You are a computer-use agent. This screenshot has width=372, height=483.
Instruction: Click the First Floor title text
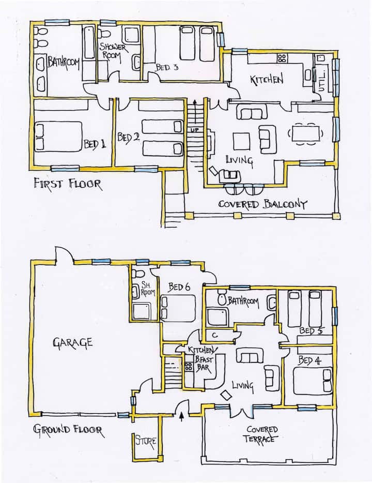(x=67, y=184)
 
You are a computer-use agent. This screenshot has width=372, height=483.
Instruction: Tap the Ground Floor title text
(x=68, y=430)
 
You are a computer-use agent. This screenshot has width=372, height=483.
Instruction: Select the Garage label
(x=72, y=343)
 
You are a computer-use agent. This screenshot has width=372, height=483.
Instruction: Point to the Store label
(x=146, y=441)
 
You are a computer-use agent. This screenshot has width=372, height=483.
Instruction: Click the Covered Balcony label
(x=262, y=204)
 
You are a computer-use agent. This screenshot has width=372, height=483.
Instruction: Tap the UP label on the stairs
(x=194, y=130)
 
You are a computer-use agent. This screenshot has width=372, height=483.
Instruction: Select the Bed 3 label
(x=167, y=67)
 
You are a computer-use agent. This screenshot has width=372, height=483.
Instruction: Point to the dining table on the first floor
(x=305, y=134)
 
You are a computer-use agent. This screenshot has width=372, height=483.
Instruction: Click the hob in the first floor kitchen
(x=282, y=58)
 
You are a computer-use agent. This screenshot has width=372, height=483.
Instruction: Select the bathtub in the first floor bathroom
(x=89, y=43)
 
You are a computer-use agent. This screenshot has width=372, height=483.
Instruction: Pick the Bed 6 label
(x=179, y=287)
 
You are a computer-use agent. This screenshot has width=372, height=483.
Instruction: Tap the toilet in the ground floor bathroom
(x=222, y=297)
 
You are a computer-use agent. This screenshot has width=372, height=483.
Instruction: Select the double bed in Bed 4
(x=312, y=381)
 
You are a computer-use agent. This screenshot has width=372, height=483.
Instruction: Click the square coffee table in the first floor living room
(x=241, y=141)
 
